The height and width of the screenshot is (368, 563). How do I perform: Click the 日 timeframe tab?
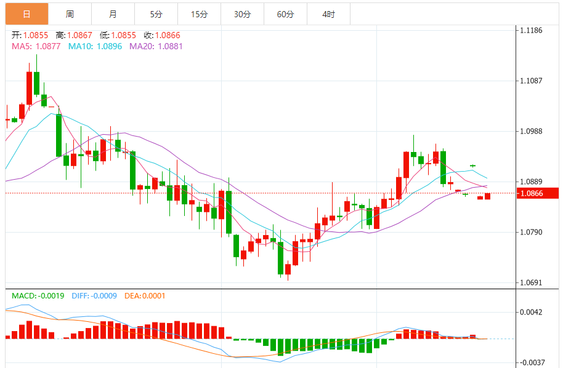click(26, 14)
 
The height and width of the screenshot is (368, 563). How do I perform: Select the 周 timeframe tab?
click(70, 14)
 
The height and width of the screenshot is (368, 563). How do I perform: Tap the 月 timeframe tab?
click(113, 14)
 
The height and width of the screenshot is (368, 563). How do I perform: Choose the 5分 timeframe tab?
click(156, 14)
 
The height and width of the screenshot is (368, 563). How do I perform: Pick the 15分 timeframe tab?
click(199, 14)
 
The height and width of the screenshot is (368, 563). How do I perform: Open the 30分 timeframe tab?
click(242, 14)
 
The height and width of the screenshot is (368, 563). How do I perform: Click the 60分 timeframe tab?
click(285, 14)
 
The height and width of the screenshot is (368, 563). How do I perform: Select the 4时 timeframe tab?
click(328, 14)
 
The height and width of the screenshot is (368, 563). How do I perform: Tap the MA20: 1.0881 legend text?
click(156, 46)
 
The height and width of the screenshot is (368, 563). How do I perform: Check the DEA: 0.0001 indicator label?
click(145, 296)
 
